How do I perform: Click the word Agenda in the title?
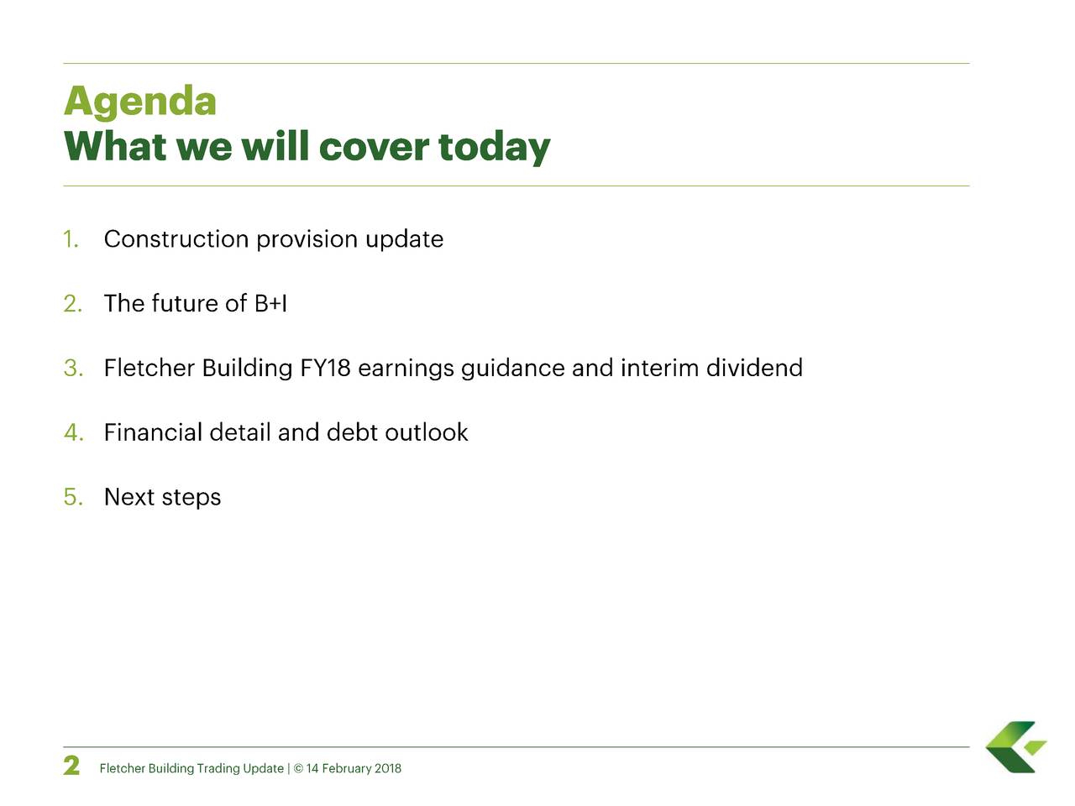coord(140,102)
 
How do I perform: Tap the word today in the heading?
coord(494,148)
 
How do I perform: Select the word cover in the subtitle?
coord(374,148)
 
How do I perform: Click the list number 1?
coord(71,239)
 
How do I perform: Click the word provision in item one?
coord(307,240)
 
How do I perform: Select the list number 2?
coord(72,304)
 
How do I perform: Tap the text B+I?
coord(270,304)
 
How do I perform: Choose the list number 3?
coord(72,369)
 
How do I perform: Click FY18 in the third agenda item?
coord(325,369)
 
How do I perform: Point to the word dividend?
coord(753,368)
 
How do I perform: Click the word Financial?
coord(153,432)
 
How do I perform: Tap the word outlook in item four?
coord(426,432)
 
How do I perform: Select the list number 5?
coord(72,497)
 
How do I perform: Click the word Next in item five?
coord(129,497)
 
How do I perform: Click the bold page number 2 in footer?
coord(72,766)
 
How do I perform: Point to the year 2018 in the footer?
coord(387,768)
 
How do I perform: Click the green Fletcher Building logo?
coord(1016,746)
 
